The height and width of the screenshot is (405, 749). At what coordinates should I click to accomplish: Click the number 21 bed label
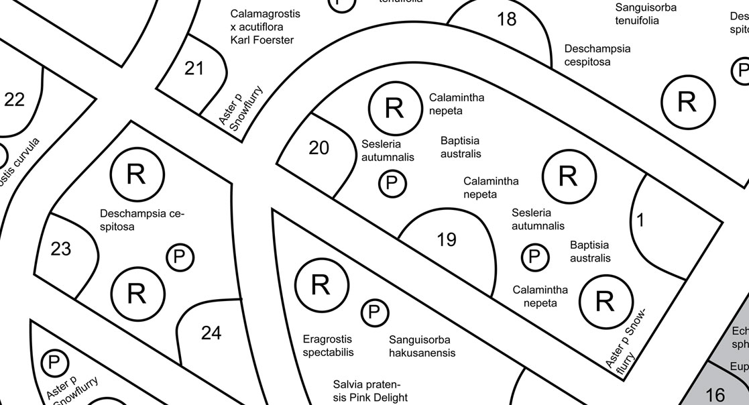pyautogui.click(x=194, y=68)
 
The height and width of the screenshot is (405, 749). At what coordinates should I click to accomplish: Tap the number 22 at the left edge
pyautogui.click(x=14, y=100)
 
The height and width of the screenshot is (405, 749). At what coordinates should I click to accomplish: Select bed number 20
pyautogui.click(x=319, y=148)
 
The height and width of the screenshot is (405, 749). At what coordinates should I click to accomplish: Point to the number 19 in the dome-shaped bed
pyautogui.click(x=447, y=239)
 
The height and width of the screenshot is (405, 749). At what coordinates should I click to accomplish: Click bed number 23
pyautogui.click(x=60, y=249)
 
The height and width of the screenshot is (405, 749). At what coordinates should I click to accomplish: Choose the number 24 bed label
pyautogui.click(x=211, y=333)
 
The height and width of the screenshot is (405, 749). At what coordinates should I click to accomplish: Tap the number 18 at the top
pyautogui.click(x=507, y=19)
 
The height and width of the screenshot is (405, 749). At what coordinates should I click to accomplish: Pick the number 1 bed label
pyautogui.click(x=640, y=220)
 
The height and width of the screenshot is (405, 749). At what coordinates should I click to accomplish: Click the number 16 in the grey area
pyautogui.click(x=715, y=394)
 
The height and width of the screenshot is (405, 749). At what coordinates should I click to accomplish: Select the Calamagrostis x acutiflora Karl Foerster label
pyautogui.click(x=266, y=27)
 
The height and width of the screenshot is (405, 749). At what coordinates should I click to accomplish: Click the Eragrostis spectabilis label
pyautogui.click(x=327, y=346)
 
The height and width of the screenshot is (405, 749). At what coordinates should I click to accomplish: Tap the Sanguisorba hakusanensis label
pyautogui.click(x=422, y=347)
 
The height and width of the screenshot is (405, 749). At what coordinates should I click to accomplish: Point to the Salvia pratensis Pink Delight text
pyautogui.click(x=370, y=391)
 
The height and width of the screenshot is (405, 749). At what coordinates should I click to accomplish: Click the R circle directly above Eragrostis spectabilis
pyautogui.click(x=321, y=285)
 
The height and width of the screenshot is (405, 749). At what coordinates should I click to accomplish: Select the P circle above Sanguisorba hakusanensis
pyautogui.click(x=375, y=312)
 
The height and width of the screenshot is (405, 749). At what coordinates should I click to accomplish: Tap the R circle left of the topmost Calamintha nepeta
pyautogui.click(x=394, y=108)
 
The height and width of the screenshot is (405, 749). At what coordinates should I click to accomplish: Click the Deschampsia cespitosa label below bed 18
pyautogui.click(x=597, y=55)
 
